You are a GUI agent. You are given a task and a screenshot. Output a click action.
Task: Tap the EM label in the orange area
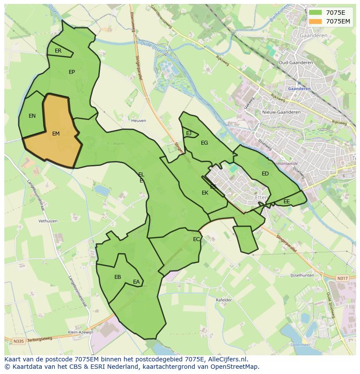[x=56, y=134]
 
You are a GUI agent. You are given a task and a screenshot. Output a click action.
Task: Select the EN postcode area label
[x=32, y=116]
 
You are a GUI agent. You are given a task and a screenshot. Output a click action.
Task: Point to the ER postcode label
[x=58, y=51]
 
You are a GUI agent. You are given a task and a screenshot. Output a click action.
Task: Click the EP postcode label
[x=72, y=72]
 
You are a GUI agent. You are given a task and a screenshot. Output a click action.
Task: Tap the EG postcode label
[x=204, y=142]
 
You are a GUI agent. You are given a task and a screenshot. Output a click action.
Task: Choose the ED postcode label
[x=265, y=174]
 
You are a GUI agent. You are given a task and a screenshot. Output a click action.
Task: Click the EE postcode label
[x=287, y=202]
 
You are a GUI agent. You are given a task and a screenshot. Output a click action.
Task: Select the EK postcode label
[x=205, y=193]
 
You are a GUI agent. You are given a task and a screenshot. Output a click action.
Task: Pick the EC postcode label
[x=197, y=239]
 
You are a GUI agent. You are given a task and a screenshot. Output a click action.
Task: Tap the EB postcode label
[x=117, y=277]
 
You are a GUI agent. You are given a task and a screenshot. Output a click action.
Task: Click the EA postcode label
[x=137, y=282]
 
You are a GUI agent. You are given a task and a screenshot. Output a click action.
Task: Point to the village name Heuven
[x=139, y=120]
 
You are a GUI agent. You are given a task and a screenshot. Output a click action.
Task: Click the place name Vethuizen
[x=48, y=221]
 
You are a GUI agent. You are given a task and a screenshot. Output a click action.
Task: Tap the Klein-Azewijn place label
[x=80, y=332]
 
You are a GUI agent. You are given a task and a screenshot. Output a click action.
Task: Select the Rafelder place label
[x=224, y=300]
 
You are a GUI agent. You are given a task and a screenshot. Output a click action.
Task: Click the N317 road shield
[x=342, y=278]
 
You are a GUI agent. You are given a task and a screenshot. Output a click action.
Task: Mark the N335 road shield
[x=18, y=341]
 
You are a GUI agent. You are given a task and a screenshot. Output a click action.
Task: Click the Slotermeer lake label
[x=300, y=344]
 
